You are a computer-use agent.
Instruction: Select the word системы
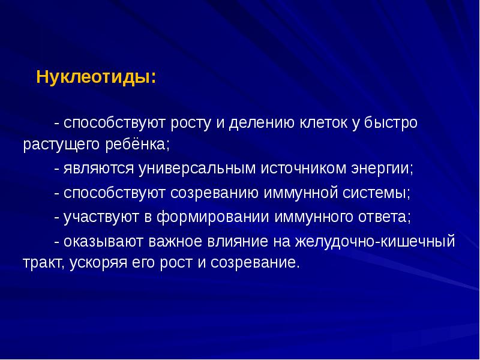coord(375,193)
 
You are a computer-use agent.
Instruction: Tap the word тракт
coord(43,263)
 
